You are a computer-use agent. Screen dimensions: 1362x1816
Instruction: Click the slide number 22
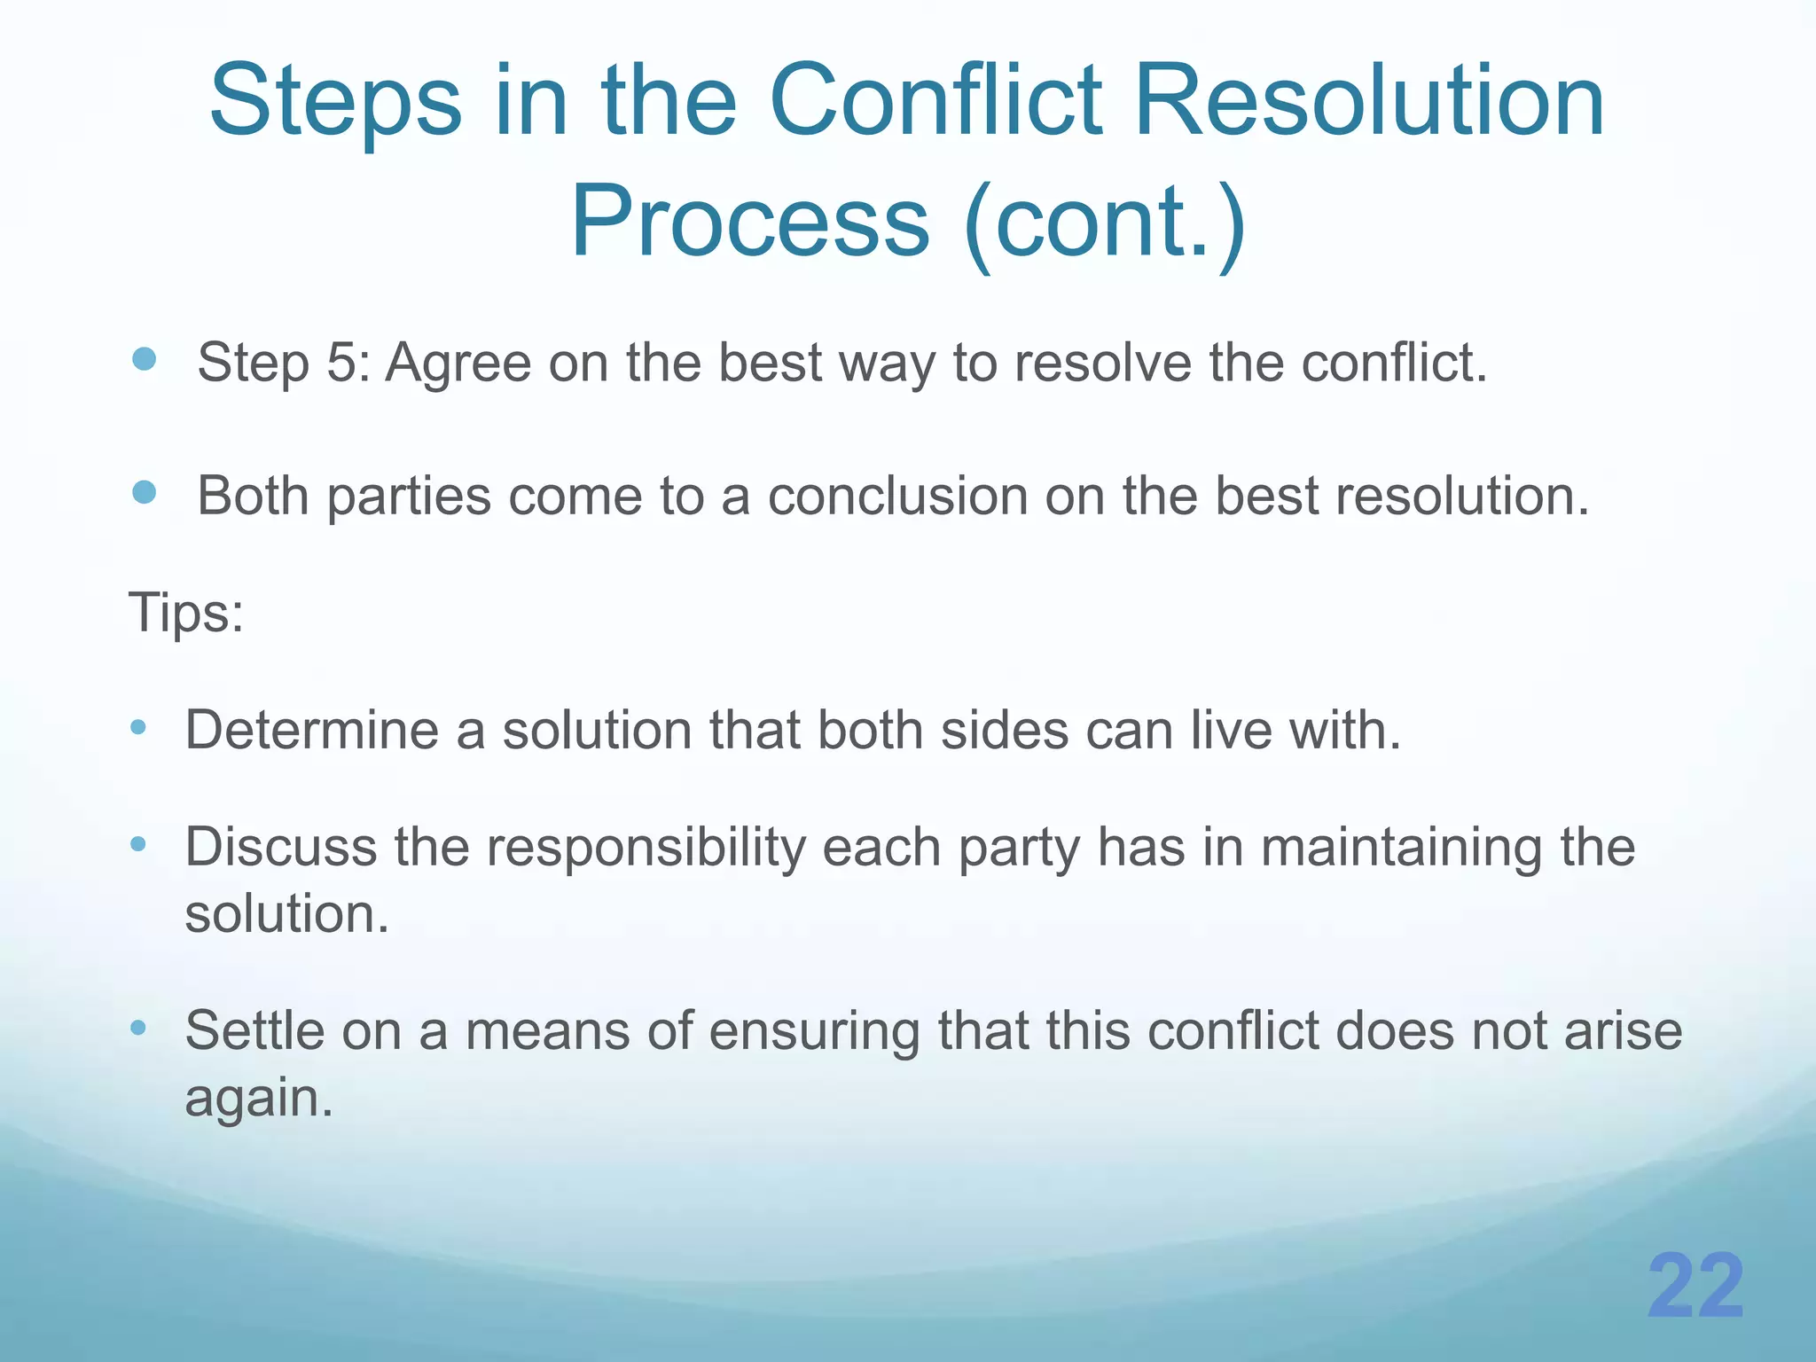pos(1695,1288)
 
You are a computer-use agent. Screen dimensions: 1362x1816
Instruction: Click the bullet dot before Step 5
pos(144,359)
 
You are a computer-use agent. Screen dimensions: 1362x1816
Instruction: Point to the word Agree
pos(457,364)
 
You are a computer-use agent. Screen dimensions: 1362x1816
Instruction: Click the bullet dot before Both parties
pos(144,492)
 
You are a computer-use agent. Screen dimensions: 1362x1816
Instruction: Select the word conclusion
pos(896,496)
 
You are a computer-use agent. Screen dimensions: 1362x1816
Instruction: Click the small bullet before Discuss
pos(137,844)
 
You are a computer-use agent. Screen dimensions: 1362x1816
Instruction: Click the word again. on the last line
pos(258,1100)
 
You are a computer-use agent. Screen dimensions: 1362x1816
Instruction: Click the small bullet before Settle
pos(137,1028)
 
